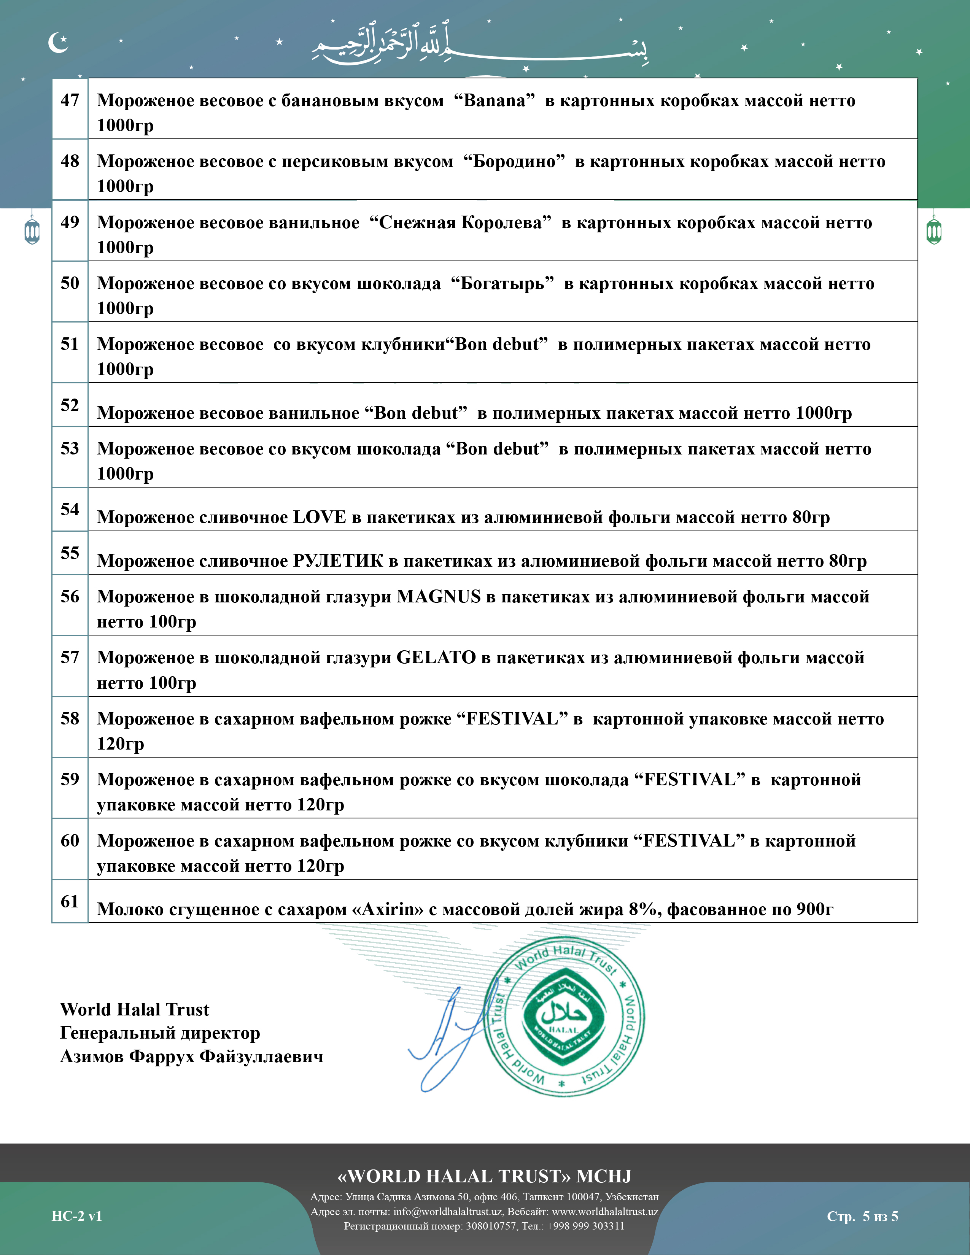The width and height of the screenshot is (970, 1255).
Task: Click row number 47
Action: click(70, 100)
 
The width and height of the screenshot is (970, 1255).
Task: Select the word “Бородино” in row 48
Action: click(514, 162)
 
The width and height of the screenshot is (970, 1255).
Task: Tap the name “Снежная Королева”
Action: click(460, 222)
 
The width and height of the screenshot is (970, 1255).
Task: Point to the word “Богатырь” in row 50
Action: click(502, 283)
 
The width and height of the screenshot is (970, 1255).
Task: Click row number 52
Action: click(70, 405)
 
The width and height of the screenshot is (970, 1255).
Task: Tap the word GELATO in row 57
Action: click(436, 658)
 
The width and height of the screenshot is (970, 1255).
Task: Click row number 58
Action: click(70, 718)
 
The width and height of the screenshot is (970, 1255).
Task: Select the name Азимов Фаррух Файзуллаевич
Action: click(191, 1056)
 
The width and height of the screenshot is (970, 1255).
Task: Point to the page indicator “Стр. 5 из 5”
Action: click(862, 1216)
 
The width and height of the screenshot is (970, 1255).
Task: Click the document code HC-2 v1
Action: click(76, 1216)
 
